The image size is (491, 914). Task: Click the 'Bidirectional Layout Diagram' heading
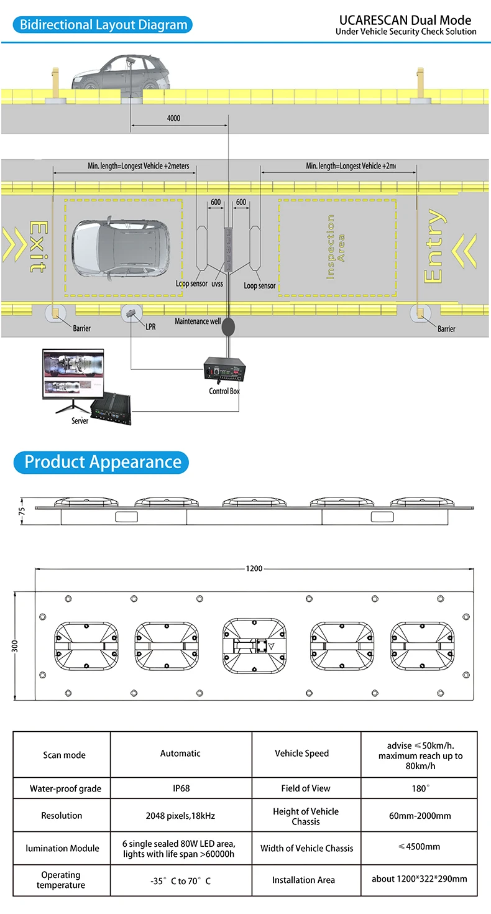tap(103, 25)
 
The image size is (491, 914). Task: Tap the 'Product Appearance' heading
tap(103, 462)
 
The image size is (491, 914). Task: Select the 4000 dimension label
tap(174, 118)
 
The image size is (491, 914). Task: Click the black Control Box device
tap(224, 371)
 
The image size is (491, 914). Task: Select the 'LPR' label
tap(150, 326)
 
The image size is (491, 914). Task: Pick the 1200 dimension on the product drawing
tap(254, 568)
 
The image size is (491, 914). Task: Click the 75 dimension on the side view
tap(21, 510)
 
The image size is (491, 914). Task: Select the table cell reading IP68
tap(181, 788)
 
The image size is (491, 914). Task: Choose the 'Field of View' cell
tap(306, 788)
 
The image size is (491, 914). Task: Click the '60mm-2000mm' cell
tap(420, 816)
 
